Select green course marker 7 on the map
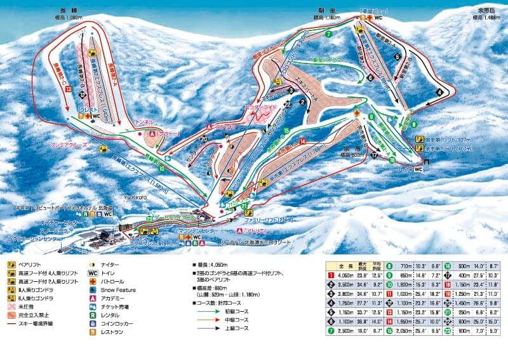coord(329,34)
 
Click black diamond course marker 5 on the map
coord(398,56)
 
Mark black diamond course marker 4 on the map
coord(438,92)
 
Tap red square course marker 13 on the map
coord(68,89)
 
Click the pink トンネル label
coord(145,121)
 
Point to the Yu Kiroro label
coord(135,197)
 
